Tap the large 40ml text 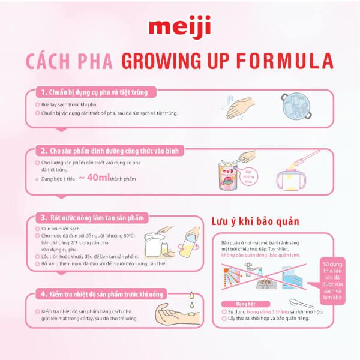coord(102,178)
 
